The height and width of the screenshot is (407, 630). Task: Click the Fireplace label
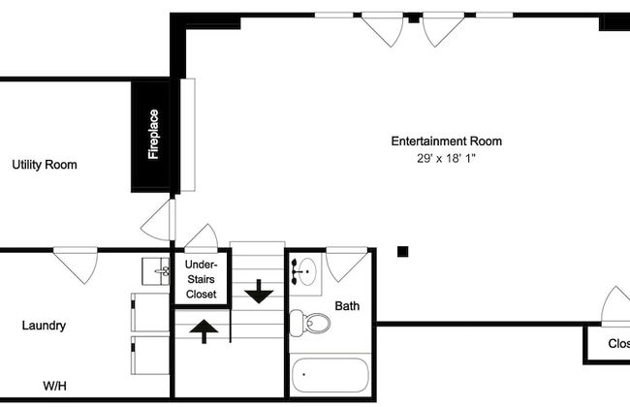[x=153, y=134]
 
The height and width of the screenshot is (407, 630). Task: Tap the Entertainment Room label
[x=447, y=141]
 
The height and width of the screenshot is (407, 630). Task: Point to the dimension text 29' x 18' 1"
[x=446, y=158]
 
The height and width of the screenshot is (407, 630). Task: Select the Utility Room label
[x=45, y=165]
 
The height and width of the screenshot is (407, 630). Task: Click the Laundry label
[x=44, y=326]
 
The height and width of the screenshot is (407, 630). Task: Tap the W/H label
[x=54, y=386]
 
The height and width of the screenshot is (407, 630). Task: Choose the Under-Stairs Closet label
[x=201, y=279]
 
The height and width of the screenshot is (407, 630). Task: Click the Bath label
[x=347, y=306]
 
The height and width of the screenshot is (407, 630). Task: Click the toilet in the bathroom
[x=309, y=323]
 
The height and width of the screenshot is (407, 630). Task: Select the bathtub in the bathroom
[x=330, y=375]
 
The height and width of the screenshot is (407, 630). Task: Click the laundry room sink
[x=156, y=271]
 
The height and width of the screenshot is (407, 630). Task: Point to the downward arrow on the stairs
[x=259, y=292]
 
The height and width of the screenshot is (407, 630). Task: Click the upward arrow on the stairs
[x=204, y=331]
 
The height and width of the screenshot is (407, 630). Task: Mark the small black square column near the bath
[x=402, y=252]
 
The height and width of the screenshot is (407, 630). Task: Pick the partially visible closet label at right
[x=618, y=343]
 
